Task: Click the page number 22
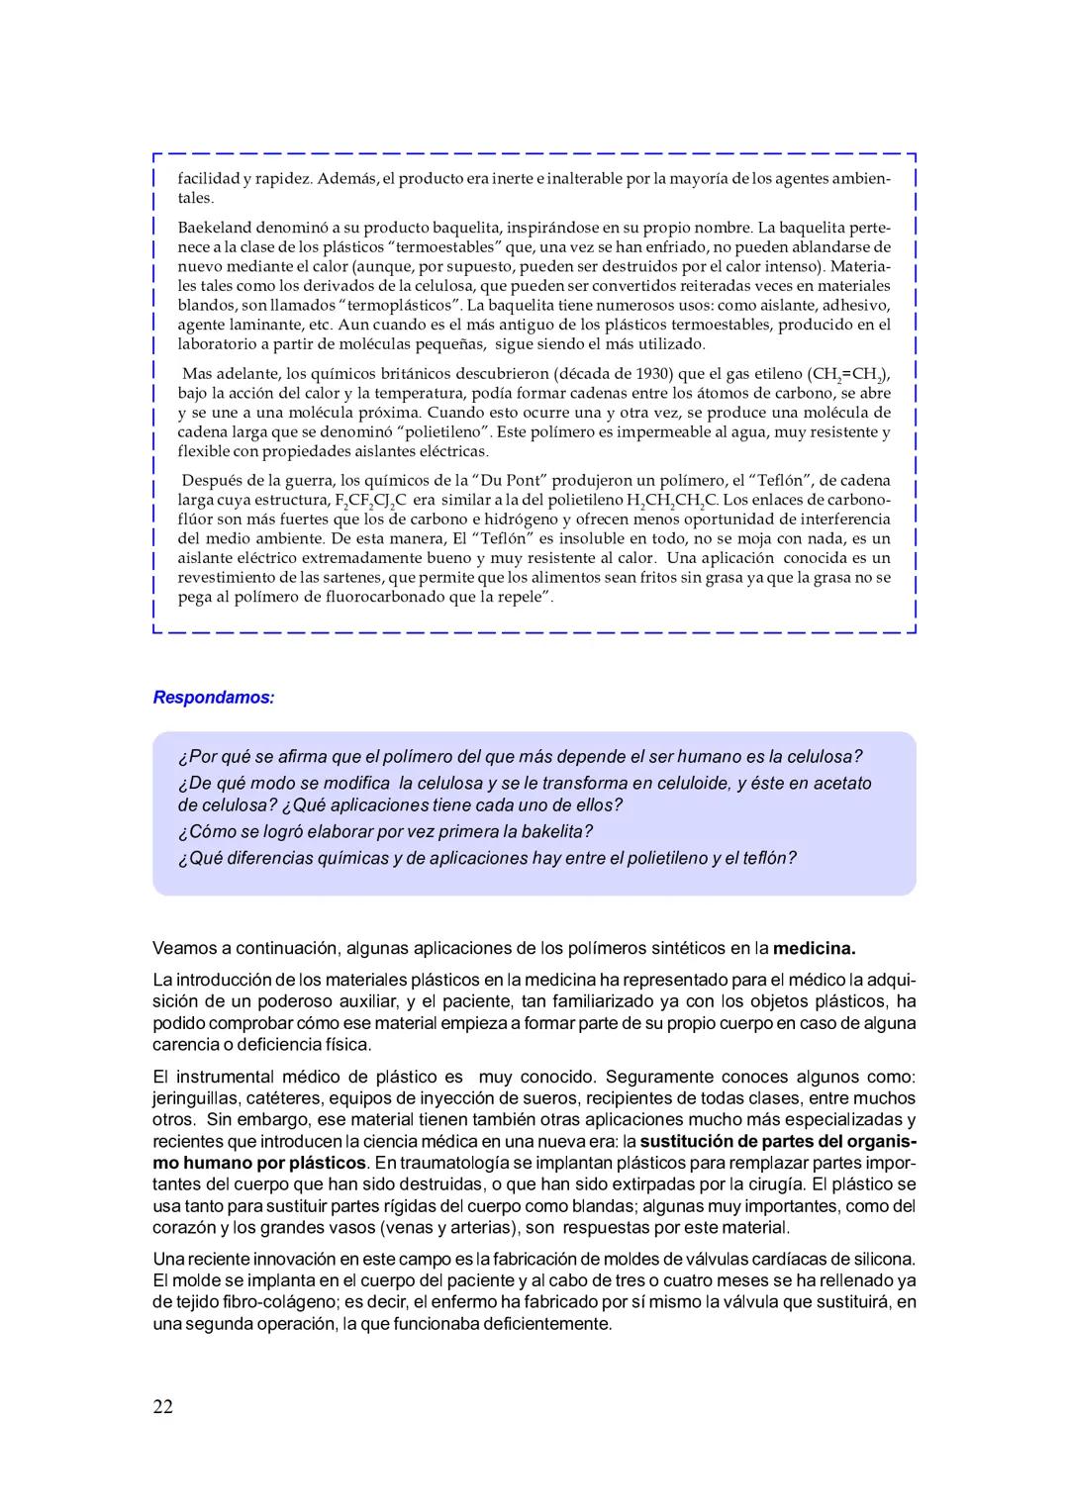(162, 1406)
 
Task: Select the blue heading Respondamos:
(213, 698)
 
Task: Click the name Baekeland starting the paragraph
(218, 228)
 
